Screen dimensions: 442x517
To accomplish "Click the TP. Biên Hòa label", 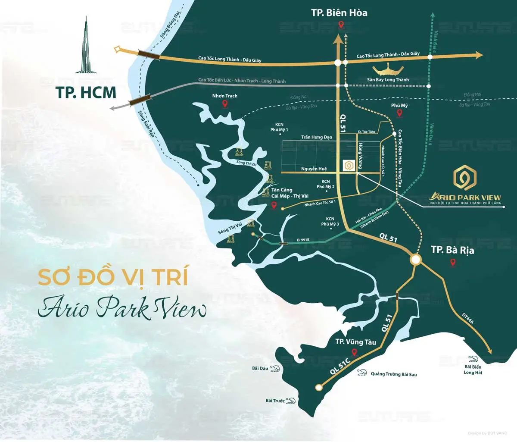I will (339, 13).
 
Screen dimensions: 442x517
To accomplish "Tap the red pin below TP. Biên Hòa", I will (341, 25).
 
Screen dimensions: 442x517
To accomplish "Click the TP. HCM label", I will (86, 93).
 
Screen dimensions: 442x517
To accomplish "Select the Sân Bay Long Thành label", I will (388, 80).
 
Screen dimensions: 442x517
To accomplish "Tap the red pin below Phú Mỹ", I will (399, 113).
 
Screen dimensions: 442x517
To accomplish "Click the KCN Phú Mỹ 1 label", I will (279, 127).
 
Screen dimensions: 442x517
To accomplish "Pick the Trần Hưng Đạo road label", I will (317, 137).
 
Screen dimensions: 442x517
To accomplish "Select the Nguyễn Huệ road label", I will (314, 169).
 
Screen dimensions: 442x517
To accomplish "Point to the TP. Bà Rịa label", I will (452, 250).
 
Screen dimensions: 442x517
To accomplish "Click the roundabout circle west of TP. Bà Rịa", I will (416, 260).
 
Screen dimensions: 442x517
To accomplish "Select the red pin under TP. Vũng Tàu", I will (354, 353).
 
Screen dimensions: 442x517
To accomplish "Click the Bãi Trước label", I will (275, 401).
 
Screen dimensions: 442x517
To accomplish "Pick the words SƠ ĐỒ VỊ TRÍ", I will (113, 277).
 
